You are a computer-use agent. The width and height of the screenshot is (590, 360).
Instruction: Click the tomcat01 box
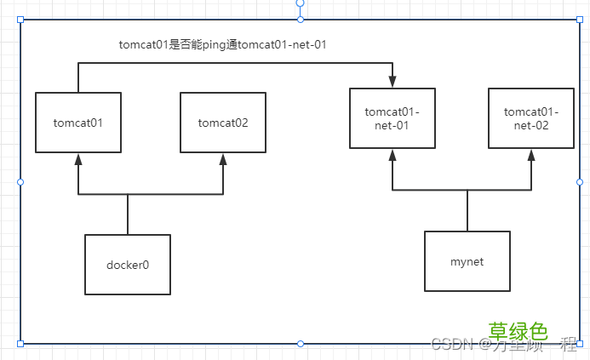[78, 123]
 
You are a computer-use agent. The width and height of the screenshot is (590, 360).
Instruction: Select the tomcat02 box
[223, 123]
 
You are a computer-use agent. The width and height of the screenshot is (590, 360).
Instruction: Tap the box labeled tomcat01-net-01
[392, 118]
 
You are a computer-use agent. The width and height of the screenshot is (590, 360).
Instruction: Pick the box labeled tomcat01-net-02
[532, 118]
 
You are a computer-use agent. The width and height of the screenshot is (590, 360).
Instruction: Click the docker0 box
[128, 265]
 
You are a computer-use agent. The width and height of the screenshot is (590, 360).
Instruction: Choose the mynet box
[467, 261]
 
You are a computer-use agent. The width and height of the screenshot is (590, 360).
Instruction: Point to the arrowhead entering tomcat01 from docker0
[78, 159]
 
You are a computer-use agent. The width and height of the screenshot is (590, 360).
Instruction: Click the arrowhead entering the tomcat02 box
[223, 159]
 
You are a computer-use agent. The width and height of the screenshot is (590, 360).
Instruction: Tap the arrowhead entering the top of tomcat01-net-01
[392, 82]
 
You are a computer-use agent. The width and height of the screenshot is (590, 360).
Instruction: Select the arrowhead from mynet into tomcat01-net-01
[392, 155]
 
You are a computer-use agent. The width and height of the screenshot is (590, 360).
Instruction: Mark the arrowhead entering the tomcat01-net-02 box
[532, 155]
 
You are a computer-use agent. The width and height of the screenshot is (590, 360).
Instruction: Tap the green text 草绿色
[518, 331]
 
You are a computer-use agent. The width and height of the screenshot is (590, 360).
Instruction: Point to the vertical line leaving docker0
[128, 214]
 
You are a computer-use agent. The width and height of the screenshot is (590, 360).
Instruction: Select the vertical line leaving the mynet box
[467, 210]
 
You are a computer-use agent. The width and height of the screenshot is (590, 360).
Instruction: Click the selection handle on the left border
[20, 181]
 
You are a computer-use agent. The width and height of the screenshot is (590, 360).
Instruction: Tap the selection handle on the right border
[580, 181]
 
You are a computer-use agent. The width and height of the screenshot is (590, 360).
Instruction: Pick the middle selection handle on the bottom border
[300, 343]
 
